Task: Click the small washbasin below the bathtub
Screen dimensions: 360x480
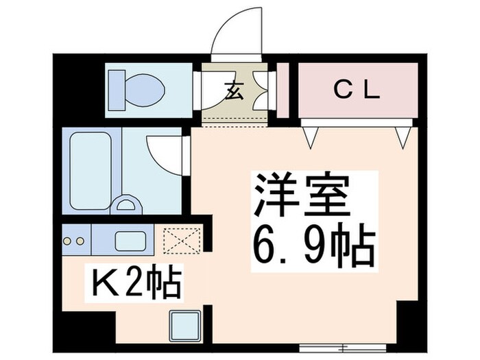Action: click(126, 205)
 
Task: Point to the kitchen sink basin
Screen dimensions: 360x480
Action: click(128, 241)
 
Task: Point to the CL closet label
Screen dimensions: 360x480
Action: click(357, 91)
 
